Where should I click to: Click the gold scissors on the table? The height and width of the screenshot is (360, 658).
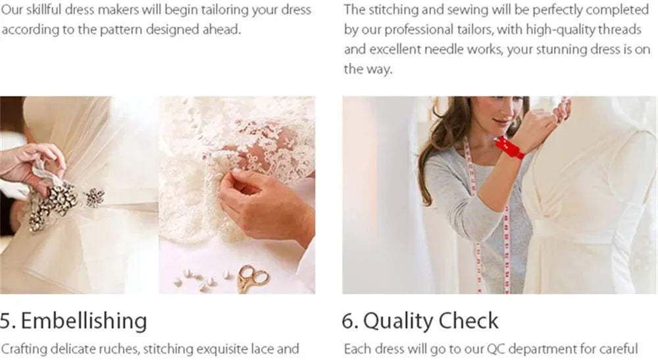(x=252, y=278)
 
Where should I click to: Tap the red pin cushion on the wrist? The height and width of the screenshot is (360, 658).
(x=510, y=147)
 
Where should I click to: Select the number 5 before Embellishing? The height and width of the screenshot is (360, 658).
(x=7, y=321)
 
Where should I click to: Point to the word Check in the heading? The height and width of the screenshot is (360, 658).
(x=466, y=321)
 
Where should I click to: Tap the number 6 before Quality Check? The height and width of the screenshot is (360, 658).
(x=349, y=321)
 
